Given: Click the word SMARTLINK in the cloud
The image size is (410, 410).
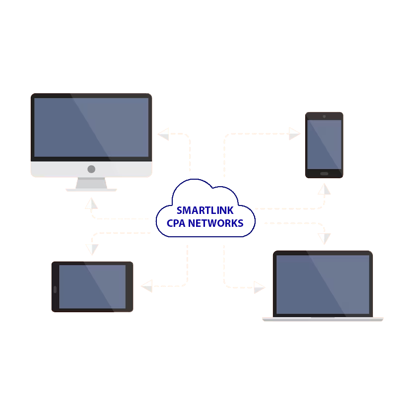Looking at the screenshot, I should pos(205,210).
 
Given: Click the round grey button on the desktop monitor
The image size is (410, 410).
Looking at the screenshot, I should pos(91,169).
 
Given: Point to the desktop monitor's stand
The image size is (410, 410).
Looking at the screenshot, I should pos(91,184).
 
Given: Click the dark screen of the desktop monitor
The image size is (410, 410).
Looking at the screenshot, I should pos(91,127).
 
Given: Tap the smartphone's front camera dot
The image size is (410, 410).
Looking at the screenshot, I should pos(324,117).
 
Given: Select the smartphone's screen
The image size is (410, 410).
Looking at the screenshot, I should pos(324,144).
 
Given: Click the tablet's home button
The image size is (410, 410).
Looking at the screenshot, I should pos(55,289).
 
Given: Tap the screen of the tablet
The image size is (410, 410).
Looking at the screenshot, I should pos(92,286).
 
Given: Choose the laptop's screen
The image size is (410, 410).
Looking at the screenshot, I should pos(323,284).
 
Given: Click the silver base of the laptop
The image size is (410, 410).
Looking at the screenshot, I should pos(323,319).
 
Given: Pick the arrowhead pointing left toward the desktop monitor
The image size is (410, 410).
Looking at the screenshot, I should pos(164,134).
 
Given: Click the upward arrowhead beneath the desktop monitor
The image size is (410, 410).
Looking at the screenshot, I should pos(91,204).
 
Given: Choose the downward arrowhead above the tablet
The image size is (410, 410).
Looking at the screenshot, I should pos(91,249).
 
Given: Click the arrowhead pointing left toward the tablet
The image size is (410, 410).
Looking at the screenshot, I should pos(147,286).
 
